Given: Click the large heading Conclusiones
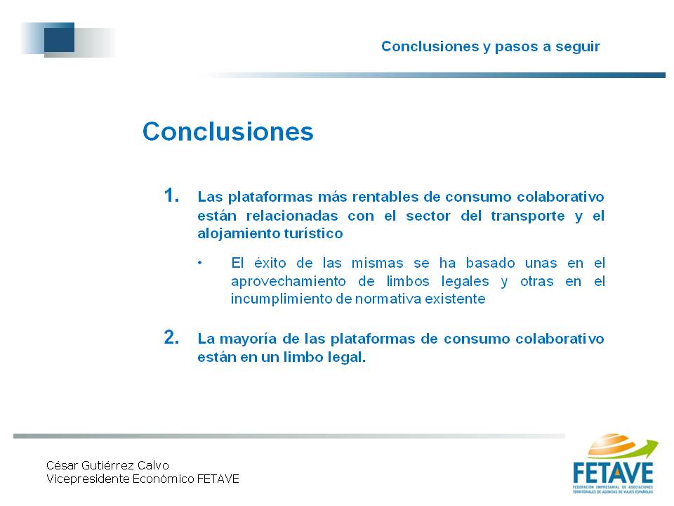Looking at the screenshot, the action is pyautogui.click(x=227, y=131).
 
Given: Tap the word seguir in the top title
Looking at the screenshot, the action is pyautogui.click(x=577, y=47).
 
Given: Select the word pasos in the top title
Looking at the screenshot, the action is pyautogui.click(x=516, y=47).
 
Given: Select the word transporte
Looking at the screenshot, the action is pyautogui.click(x=528, y=216).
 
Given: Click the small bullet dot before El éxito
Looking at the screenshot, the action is pyautogui.click(x=200, y=262).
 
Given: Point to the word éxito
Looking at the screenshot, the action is pyautogui.click(x=271, y=262).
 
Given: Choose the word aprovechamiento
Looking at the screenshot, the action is pyautogui.click(x=289, y=281).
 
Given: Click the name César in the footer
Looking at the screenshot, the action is pyautogui.click(x=62, y=465).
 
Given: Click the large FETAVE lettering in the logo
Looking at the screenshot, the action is pyautogui.click(x=613, y=473).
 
